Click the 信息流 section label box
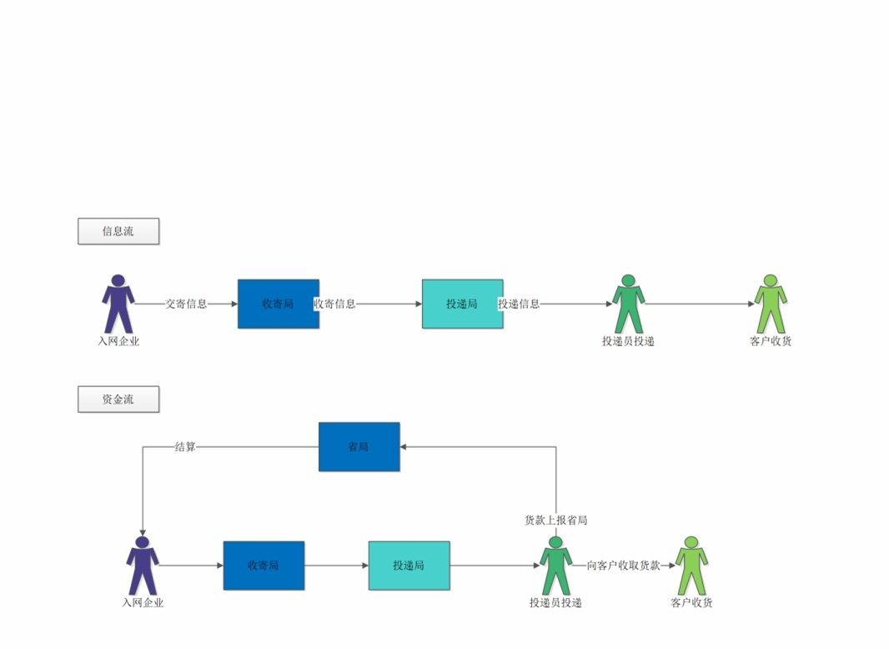[x=118, y=232]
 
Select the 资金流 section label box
[x=118, y=400]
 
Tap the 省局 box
[x=359, y=447]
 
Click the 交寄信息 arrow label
[x=186, y=304]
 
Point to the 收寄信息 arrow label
[x=334, y=304]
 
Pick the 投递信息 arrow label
[x=519, y=304]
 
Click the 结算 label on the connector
[x=185, y=447]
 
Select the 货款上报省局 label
[x=555, y=521]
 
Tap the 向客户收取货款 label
[x=623, y=566]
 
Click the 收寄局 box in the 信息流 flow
[x=278, y=304]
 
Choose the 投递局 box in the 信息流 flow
[x=462, y=304]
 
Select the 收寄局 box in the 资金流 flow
[x=264, y=566]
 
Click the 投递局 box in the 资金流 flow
[x=409, y=566]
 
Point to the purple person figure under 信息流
[x=118, y=304]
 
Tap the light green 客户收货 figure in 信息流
[x=771, y=304]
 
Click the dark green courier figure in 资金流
[x=555, y=565]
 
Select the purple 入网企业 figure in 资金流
[x=143, y=565]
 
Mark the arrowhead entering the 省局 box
[x=404, y=447]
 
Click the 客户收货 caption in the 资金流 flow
[x=691, y=603]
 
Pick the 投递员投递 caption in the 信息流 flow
[x=628, y=341]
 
